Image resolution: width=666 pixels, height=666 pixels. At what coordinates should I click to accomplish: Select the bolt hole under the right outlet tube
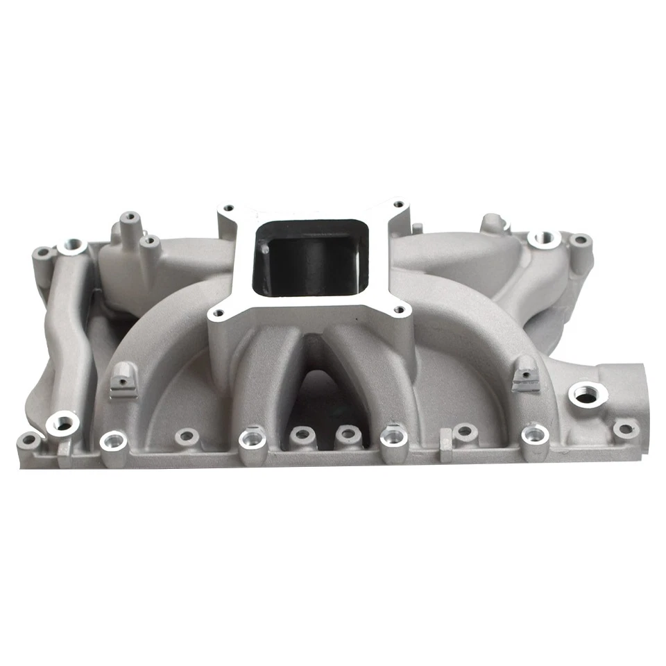click(x=626, y=429)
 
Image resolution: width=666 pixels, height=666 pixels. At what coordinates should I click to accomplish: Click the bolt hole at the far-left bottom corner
click(x=30, y=440)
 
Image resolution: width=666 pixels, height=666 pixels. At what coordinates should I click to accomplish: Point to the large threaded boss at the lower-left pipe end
click(x=64, y=422)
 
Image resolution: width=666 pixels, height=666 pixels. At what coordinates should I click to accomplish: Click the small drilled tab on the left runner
click(x=123, y=379)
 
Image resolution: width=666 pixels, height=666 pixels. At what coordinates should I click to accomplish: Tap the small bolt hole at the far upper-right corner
click(x=580, y=241)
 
